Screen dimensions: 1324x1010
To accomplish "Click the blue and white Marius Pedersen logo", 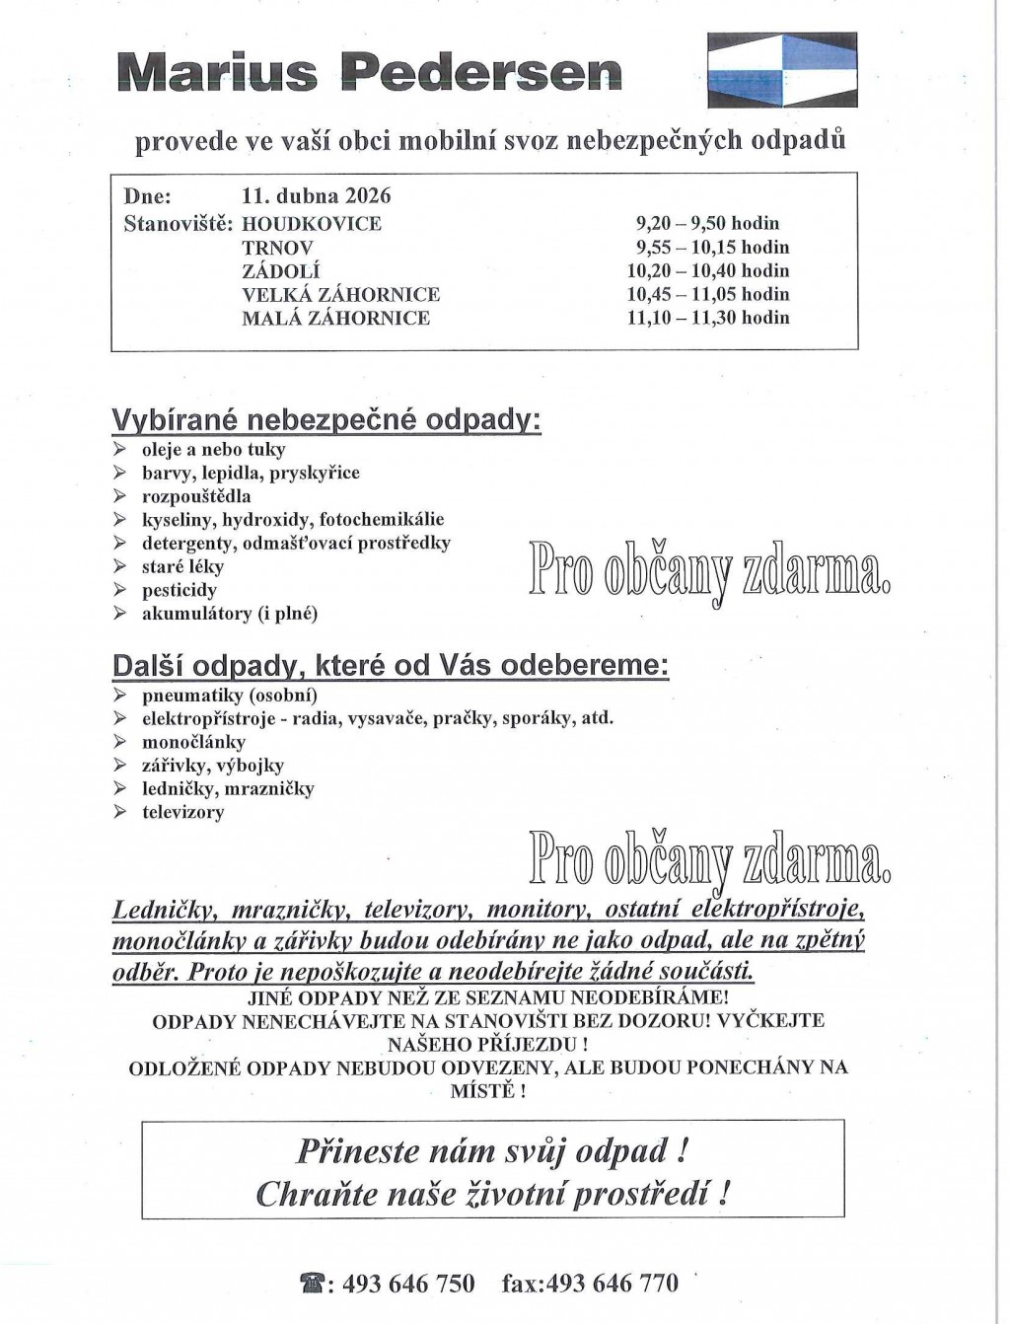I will click(783, 70).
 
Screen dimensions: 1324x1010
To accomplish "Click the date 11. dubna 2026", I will click(317, 196).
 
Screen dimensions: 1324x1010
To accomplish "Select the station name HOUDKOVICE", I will click(312, 224).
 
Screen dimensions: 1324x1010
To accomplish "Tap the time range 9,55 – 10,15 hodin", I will click(712, 248).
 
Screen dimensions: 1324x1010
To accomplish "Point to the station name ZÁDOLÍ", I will click(281, 271).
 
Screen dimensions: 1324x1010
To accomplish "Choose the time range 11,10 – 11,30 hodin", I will click(708, 318).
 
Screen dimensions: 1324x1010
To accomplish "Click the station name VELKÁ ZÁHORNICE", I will click(341, 295).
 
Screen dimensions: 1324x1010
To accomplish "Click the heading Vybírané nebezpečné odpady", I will click(326, 420).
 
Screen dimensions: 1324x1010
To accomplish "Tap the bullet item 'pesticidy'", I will click(179, 591).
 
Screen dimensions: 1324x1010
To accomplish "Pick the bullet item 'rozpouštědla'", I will click(196, 496).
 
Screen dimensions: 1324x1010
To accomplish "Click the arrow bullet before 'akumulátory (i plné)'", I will click(120, 614).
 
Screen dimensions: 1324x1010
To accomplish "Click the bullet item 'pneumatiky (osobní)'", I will click(215, 695).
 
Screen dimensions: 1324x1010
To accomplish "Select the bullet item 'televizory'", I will click(182, 813).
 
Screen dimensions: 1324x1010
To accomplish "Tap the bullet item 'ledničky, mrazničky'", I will click(228, 789).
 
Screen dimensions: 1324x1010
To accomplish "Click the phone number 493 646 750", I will click(407, 1284).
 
